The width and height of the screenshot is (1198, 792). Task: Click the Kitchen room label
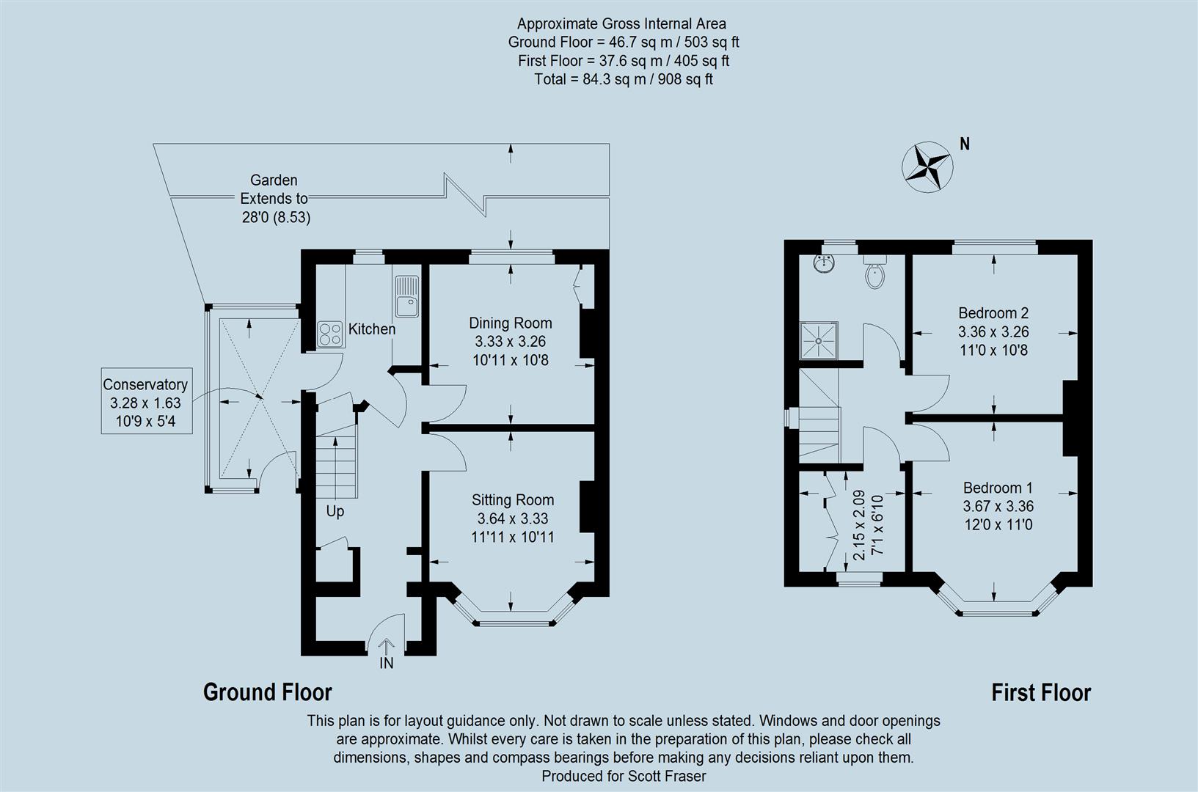click(x=371, y=329)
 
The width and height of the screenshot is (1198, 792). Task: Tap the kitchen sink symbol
click(x=406, y=296)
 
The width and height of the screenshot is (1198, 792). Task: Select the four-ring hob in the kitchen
click(x=330, y=334)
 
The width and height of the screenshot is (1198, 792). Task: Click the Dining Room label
click(x=511, y=323)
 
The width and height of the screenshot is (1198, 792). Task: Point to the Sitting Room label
click(x=512, y=500)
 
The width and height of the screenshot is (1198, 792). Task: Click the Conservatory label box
click(x=146, y=401)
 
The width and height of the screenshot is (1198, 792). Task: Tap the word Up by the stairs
click(x=335, y=511)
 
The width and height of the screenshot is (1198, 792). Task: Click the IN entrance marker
click(x=387, y=663)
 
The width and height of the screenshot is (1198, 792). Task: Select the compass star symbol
click(x=927, y=166)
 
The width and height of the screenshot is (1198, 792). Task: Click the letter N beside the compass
click(x=965, y=144)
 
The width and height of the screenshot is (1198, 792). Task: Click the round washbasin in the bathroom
click(x=825, y=263)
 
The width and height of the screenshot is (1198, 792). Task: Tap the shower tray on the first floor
click(x=818, y=341)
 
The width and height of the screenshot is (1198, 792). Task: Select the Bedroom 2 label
click(x=993, y=313)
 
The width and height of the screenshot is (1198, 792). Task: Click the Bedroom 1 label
click(x=998, y=488)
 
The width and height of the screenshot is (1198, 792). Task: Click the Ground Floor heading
click(x=268, y=692)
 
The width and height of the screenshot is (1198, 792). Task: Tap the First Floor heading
click(x=1041, y=692)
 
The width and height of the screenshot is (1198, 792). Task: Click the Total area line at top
click(x=623, y=79)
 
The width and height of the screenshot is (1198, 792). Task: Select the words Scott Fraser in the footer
click(x=666, y=775)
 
